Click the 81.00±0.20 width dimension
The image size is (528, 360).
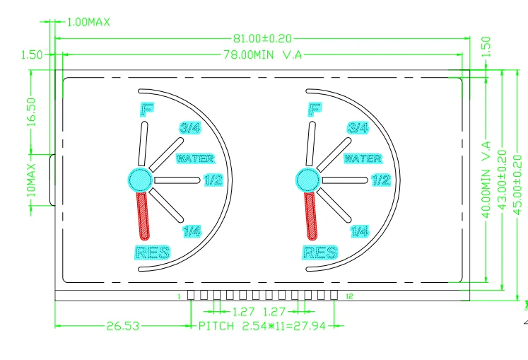[x=263, y=38]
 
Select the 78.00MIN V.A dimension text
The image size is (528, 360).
[x=263, y=54]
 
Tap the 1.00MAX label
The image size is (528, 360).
[x=88, y=22]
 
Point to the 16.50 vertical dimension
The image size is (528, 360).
[x=31, y=112]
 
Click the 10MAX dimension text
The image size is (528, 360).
[x=31, y=180]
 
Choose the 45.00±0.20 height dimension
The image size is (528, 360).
[x=517, y=184]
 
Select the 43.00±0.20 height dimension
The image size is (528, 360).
[x=502, y=180]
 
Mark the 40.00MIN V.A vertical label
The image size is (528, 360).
[x=486, y=180]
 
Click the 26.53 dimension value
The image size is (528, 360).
[x=123, y=326]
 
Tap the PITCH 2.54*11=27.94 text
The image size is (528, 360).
[x=262, y=326]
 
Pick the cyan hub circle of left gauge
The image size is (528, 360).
[x=140, y=180]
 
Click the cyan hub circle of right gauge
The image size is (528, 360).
[x=307, y=180]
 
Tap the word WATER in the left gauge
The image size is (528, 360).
[x=195, y=158]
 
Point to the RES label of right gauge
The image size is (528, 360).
[x=320, y=252]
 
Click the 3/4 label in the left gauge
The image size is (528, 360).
[x=191, y=128]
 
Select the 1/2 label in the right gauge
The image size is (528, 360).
[x=382, y=180]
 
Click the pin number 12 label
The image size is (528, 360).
[x=350, y=296]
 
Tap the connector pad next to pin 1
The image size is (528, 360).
[x=191, y=295]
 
